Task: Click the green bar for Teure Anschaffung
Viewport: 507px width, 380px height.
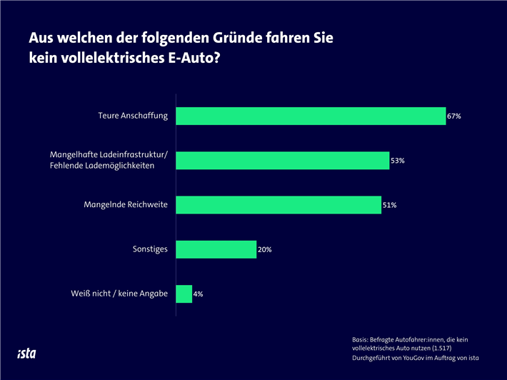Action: pyautogui.click(x=311, y=116)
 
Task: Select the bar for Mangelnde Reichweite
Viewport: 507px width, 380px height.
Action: pyautogui.click(x=278, y=205)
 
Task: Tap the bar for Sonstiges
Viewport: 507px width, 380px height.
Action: pyautogui.click(x=216, y=249)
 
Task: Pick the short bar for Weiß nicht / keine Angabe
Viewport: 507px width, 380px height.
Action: pyautogui.click(x=184, y=294)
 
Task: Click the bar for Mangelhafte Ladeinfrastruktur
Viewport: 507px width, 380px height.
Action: pyautogui.click(x=282, y=161)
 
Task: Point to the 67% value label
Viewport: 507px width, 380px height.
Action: pyautogui.click(x=454, y=116)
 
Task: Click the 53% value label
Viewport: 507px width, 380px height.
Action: pyautogui.click(x=398, y=161)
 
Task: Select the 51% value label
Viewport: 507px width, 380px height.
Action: pyautogui.click(x=389, y=206)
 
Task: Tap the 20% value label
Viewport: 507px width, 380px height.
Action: pyautogui.click(x=264, y=250)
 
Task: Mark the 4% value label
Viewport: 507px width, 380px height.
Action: pyautogui.click(x=199, y=294)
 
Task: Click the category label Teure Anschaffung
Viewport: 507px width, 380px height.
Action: pyautogui.click(x=133, y=116)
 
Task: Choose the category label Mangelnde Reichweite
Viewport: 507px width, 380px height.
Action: pyautogui.click(x=126, y=205)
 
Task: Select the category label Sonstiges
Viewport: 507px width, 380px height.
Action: pyautogui.click(x=150, y=249)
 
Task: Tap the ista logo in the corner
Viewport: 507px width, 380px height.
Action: pyautogui.click(x=27, y=353)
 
